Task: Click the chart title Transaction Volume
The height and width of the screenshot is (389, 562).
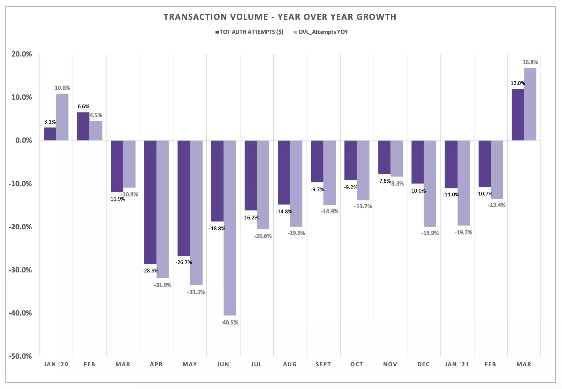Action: point(280,17)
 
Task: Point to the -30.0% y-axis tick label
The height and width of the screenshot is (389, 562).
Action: point(20,270)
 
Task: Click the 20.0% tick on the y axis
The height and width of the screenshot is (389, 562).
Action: point(22,54)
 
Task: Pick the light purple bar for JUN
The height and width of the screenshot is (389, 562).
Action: point(230,227)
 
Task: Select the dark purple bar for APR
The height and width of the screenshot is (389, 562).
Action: point(150,202)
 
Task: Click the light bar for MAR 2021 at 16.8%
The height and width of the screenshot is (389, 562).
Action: point(530,104)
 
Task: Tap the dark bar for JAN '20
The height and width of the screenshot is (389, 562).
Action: point(50,134)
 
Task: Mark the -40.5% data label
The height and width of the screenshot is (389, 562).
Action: point(230,323)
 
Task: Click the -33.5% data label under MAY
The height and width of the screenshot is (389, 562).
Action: point(196,292)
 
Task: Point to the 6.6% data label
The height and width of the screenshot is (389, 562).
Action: point(83,107)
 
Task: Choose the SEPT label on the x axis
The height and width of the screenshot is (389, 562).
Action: point(323,364)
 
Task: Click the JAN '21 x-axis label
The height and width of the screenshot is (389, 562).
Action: point(457,364)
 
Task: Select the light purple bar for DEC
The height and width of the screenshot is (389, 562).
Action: point(430,183)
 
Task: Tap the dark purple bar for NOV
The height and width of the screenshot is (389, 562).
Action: point(384,157)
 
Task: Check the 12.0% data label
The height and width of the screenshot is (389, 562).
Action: point(518,83)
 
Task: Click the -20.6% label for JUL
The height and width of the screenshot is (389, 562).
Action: point(263,236)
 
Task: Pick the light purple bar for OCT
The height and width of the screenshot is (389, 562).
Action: point(363,170)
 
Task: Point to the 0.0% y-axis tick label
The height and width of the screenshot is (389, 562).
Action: point(24,141)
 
